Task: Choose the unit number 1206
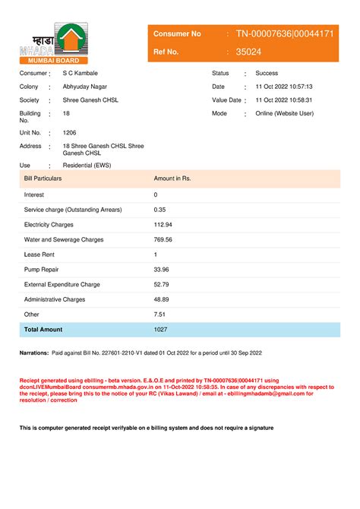pyautogui.click(x=70, y=132)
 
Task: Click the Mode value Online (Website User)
pyautogui.click(x=284, y=114)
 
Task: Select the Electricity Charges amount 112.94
pyautogui.click(x=163, y=225)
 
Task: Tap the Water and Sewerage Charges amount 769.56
pyautogui.click(x=163, y=239)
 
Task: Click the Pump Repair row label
pyautogui.click(x=43, y=270)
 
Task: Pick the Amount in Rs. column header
pyautogui.click(x=172, y=178)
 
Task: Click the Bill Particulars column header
pyautogui.click(x=43, y=178)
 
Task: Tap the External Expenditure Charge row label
pyautogui.click(x=62, y=284)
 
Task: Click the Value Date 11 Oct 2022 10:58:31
pyautogui.click(x=284, y=100)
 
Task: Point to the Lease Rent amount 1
pyautogui.click(x=155, y=254)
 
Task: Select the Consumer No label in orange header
pyautogui.click(x=177, y=33)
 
